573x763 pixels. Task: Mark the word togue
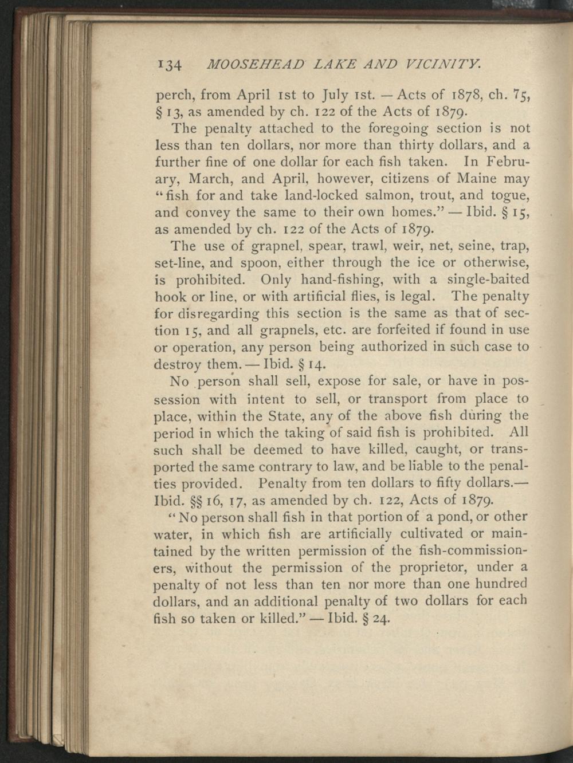pos(511,195)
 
